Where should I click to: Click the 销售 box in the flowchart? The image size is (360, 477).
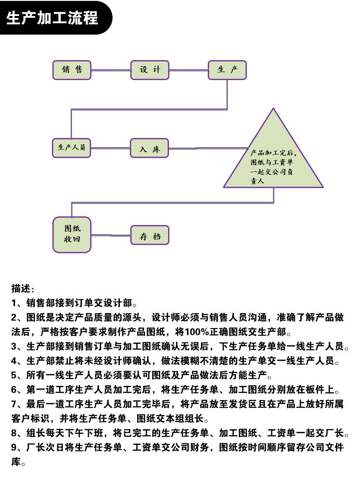click(x=72, y=70)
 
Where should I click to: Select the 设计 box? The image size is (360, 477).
click(x=150, y=70)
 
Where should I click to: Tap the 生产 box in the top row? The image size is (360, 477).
click(x=227, y=70)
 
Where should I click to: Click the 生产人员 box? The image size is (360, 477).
click(x=72, y=148)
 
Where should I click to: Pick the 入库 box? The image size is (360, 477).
click(x=149, y=148)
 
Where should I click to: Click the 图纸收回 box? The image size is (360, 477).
click(x=72, y=235)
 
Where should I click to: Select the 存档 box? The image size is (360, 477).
click(x=150, y=235)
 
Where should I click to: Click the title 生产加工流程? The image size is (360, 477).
click(x=52, y=18)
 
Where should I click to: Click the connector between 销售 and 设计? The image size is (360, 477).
click(x=111, y=70)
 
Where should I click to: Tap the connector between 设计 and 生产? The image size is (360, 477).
click(x=189, y=70)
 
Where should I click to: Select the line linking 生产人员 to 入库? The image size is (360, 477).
click(x=110, y=148)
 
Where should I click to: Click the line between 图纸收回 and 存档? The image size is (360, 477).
click(x=111, y=235)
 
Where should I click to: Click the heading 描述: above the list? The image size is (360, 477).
click(x=23, y=288)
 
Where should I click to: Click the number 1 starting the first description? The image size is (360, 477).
click(x=14, y=303)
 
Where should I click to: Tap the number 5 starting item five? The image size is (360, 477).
click(x=14, y=375)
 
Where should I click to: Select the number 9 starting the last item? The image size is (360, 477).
click(x=14, y=447)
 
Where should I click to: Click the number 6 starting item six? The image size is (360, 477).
click(x=14, y=390)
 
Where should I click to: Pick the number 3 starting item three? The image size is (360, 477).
click(x=14, y=346)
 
